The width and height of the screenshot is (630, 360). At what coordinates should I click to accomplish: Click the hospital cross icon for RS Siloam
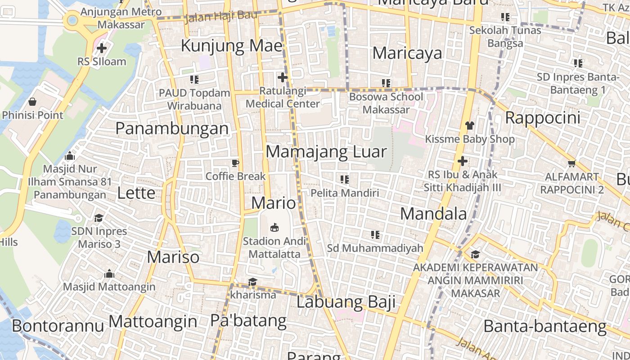[x=102, y=48]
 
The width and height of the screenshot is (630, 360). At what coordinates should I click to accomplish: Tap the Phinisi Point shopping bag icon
[x=32, y=102]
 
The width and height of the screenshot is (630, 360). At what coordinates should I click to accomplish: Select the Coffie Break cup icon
[x=235, y=163]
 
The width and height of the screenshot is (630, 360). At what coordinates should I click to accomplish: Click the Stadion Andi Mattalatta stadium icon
[x=274, y=228]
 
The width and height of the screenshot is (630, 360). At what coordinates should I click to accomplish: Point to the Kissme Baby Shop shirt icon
[x=469, y=126]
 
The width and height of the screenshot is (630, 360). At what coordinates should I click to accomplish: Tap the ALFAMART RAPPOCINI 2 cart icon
[x=571, y=163]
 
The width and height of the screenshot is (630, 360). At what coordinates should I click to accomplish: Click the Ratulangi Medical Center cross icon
[x=282, y=77]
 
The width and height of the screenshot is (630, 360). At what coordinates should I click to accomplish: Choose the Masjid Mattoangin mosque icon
[x=109, y=274]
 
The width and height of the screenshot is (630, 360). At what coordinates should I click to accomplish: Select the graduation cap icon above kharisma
[x=252, y=282]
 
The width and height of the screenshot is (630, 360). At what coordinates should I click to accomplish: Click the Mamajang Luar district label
[x=326, y=152]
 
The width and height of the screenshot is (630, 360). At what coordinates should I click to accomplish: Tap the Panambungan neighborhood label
[x=172, y=128]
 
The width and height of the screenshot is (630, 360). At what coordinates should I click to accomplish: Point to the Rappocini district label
[x=543, y=118]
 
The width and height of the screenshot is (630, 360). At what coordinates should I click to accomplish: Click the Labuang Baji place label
[x=346, y=301]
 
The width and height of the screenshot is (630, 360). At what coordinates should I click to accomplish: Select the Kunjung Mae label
[x=232, y=46]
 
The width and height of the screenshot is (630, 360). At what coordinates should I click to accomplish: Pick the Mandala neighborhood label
[x=433, y=213]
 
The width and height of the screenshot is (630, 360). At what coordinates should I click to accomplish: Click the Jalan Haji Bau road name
[x=221, y=17]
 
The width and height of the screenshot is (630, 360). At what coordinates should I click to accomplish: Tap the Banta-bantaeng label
[x=545, y=326]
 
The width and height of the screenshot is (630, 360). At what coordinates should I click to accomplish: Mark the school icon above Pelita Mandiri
[x=345, y=180]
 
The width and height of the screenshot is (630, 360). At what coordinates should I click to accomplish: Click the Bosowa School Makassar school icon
[x=386, y=83]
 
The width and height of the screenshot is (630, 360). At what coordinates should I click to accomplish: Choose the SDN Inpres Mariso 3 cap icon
[x=99, y=218]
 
